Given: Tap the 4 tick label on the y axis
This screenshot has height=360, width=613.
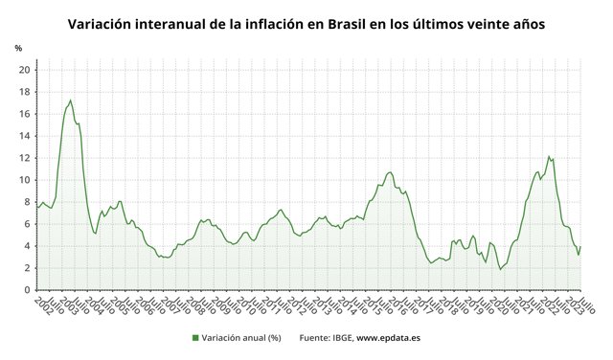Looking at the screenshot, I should (x=27, y=246).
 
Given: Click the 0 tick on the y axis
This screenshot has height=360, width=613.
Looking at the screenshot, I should (x=27, y=290).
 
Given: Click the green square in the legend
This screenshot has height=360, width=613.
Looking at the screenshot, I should (x=195, y=337).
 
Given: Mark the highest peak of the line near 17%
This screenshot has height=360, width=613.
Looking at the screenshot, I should (x=70, y=101).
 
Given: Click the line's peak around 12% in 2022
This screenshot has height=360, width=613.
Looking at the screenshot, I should (x=548, y=156).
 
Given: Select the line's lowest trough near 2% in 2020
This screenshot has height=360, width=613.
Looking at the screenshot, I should (x=500, y=269).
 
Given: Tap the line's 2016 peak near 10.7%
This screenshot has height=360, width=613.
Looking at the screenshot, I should (x=390, y=172).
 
